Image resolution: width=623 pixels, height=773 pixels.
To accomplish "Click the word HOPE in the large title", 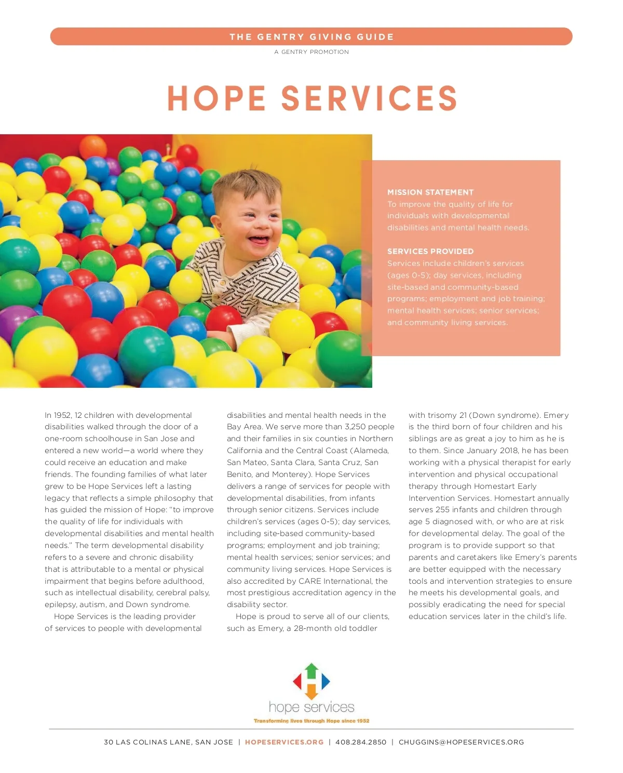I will (x=216, y=99).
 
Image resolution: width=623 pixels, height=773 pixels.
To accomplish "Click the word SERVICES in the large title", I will (x=369, y=99).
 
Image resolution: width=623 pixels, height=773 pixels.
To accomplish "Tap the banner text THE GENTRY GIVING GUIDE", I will (x=311, y=37).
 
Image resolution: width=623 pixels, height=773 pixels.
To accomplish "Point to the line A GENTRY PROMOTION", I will (x=311, y=52).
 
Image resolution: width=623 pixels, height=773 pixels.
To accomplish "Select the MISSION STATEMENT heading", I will (x=430, y=192).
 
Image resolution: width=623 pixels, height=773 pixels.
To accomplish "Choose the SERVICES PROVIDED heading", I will (x=430, y=251).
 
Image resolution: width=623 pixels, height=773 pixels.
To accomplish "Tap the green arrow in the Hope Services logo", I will (x=311, y=670).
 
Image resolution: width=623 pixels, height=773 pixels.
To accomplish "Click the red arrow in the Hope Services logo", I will (x=298, y=681).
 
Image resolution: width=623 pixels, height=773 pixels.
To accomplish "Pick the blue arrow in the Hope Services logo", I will (x=325, y=681).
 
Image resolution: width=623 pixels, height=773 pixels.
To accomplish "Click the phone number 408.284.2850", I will (x=361, y=742).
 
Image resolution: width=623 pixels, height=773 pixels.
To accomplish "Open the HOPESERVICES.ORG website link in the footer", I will (x=284, y=742).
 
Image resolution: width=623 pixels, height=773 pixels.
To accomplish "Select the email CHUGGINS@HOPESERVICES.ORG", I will (x=461, y=742).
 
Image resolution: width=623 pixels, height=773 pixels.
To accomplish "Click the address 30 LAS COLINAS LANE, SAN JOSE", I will (x=168, y=742).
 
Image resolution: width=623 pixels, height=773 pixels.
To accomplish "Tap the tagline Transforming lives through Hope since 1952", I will (x=311, y=721).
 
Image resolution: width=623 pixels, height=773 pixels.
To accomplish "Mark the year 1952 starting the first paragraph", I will (x=62, y=415).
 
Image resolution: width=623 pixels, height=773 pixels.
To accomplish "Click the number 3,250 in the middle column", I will (x=355, y=427).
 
